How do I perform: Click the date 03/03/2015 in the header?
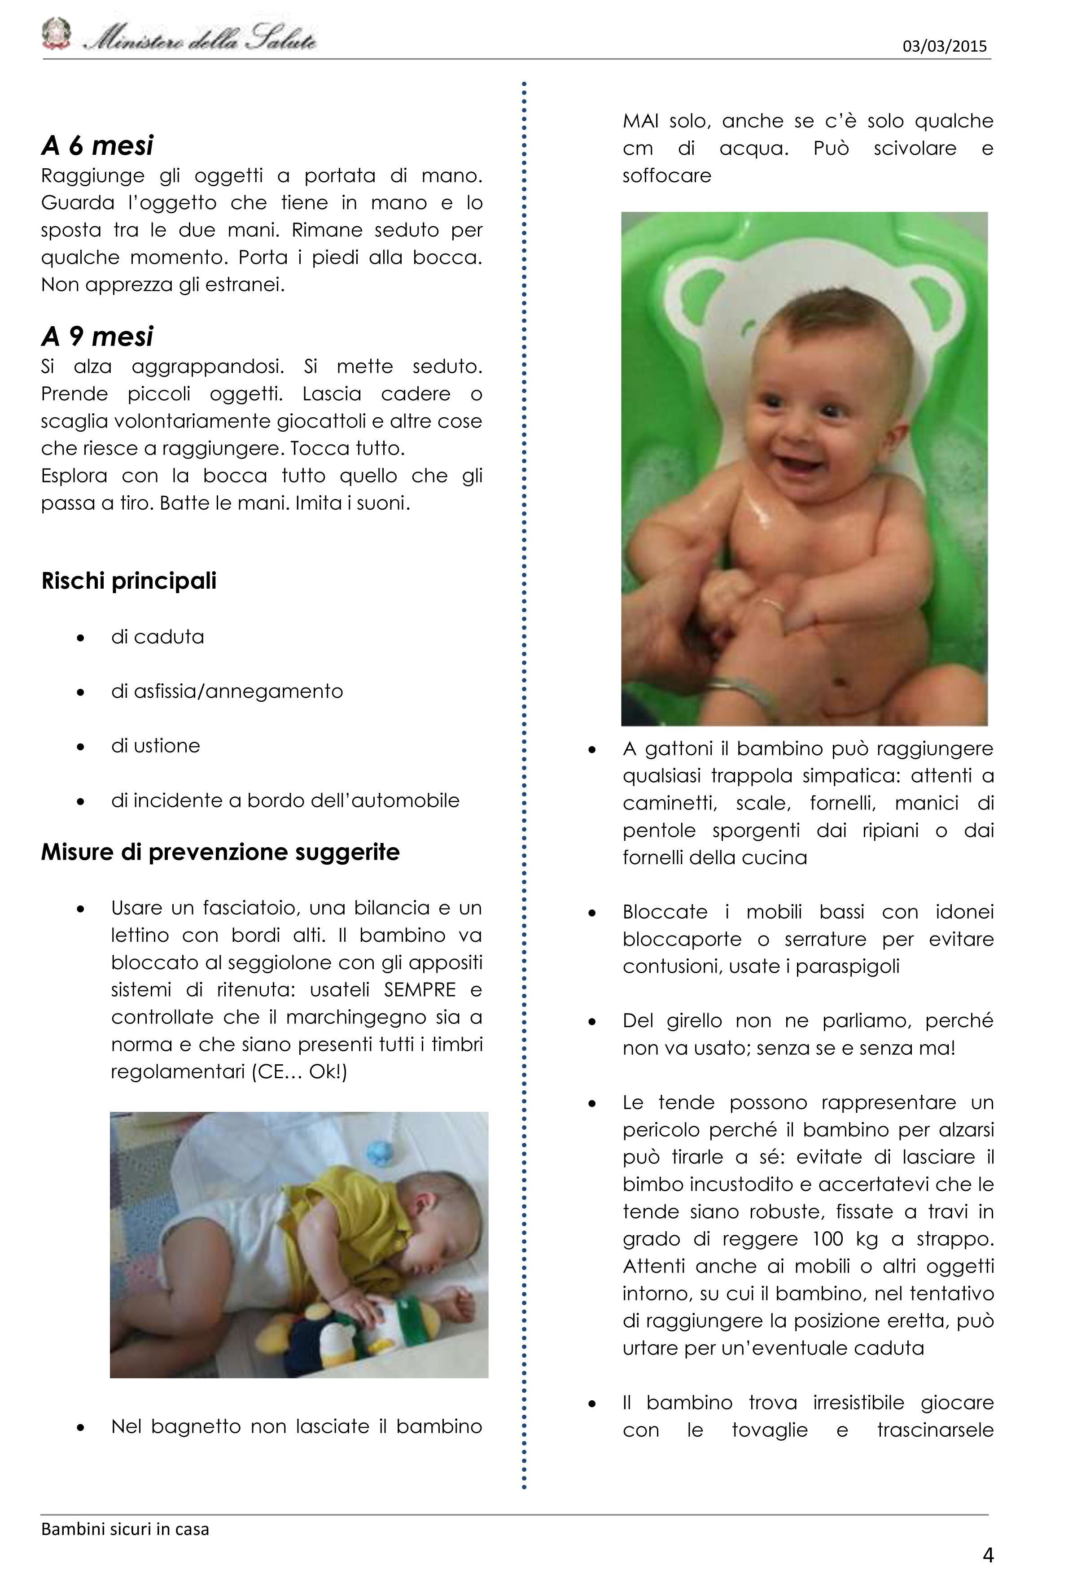pos(945,46)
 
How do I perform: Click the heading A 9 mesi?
pos(98,336)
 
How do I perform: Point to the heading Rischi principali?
pos(129,581)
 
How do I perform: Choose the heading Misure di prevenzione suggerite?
pos(220,852)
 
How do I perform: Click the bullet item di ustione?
pos(156,746)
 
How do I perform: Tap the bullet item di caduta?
pos(158,637)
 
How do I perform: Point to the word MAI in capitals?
pos(641,122)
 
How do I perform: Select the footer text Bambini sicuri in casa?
pos(125,1529)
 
